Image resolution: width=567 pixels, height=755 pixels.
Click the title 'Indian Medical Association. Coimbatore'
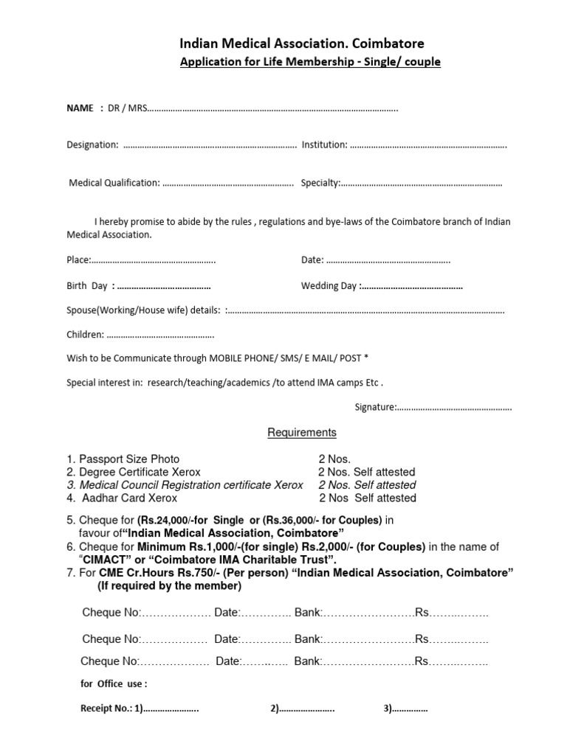(x=303, y=44)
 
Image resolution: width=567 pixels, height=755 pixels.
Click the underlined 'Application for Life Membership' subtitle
(x=310, y=62)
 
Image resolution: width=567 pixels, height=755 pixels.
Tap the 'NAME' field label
(x=80, y=108)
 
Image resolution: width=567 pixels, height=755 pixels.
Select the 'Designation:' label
(x=92, y=145)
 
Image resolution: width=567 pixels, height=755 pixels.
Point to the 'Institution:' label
(x=324, y=145)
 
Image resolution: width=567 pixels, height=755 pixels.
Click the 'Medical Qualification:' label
(x=114, y=183)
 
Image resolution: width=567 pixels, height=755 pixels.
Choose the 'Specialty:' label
(x=320, y=183)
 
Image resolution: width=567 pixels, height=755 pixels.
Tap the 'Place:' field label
(x=78, y=260)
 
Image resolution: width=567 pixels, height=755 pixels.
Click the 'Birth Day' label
(x=87, y=285)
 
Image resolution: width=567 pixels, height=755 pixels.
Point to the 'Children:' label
(x=86, y=335)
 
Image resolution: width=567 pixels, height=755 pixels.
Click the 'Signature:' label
(x=375, y=407)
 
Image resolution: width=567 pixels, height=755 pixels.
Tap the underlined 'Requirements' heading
(x=301, y=433)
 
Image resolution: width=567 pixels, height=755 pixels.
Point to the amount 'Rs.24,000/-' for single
(x=166, y=521)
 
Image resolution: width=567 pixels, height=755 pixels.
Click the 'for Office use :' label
(x=114, y=683)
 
